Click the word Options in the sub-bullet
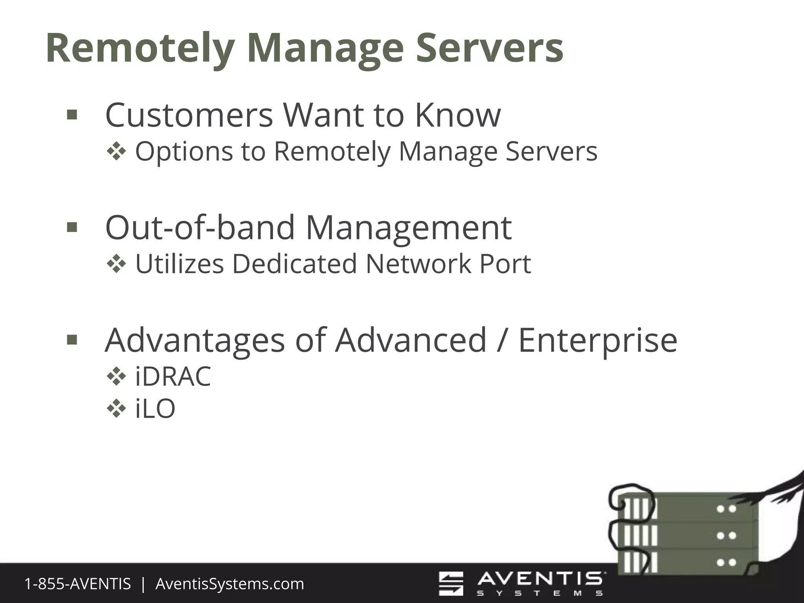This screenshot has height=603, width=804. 184,152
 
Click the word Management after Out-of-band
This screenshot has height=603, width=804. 408,227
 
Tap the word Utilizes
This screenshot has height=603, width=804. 179,264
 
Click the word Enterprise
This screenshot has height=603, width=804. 598,340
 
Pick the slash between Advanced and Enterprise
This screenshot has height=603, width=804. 502,340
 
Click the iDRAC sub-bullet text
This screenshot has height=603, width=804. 173,376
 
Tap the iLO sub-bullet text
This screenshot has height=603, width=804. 155,409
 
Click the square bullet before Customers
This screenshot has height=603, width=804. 72,115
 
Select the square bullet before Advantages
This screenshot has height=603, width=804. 72,340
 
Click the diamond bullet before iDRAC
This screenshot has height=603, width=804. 116,376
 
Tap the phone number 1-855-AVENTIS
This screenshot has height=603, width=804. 77,584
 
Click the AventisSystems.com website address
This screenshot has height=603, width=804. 230,584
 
